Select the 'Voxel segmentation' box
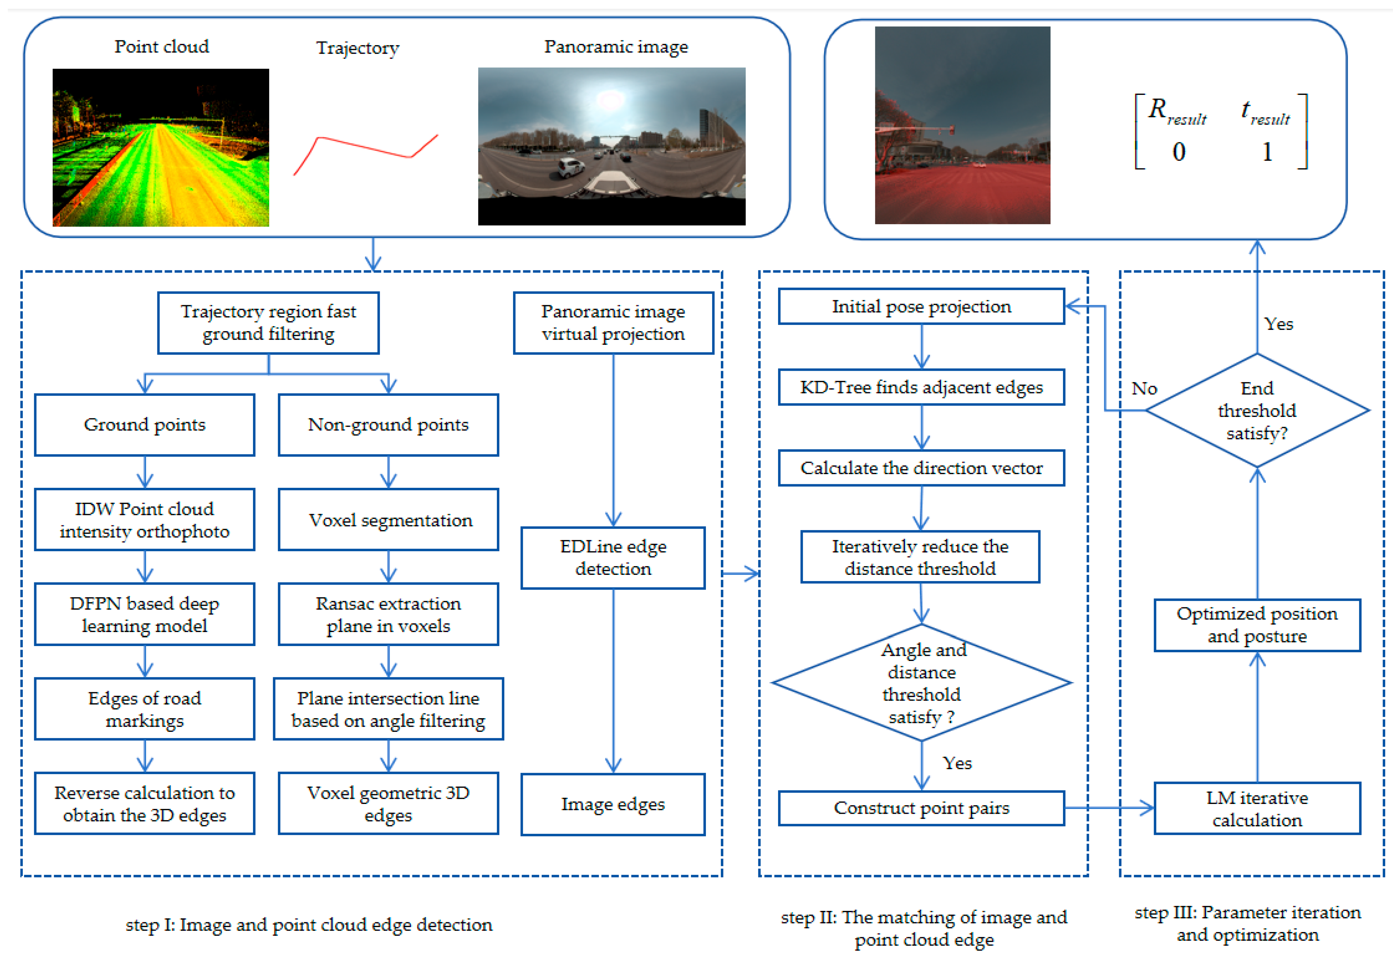tap(389, 520)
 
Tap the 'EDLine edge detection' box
tap(613, 558)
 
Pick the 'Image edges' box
tap(613, 804)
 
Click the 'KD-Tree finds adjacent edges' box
tap(921, 387)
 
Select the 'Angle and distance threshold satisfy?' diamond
tap(922, 683)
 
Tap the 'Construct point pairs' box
tap(921, 808)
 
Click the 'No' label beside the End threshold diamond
tap(1145, 389)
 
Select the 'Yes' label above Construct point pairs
tap(957, 764)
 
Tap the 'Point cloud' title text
tap(162, 47)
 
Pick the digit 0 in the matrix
tap(1179, 152)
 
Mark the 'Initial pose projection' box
tap(921, 307)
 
